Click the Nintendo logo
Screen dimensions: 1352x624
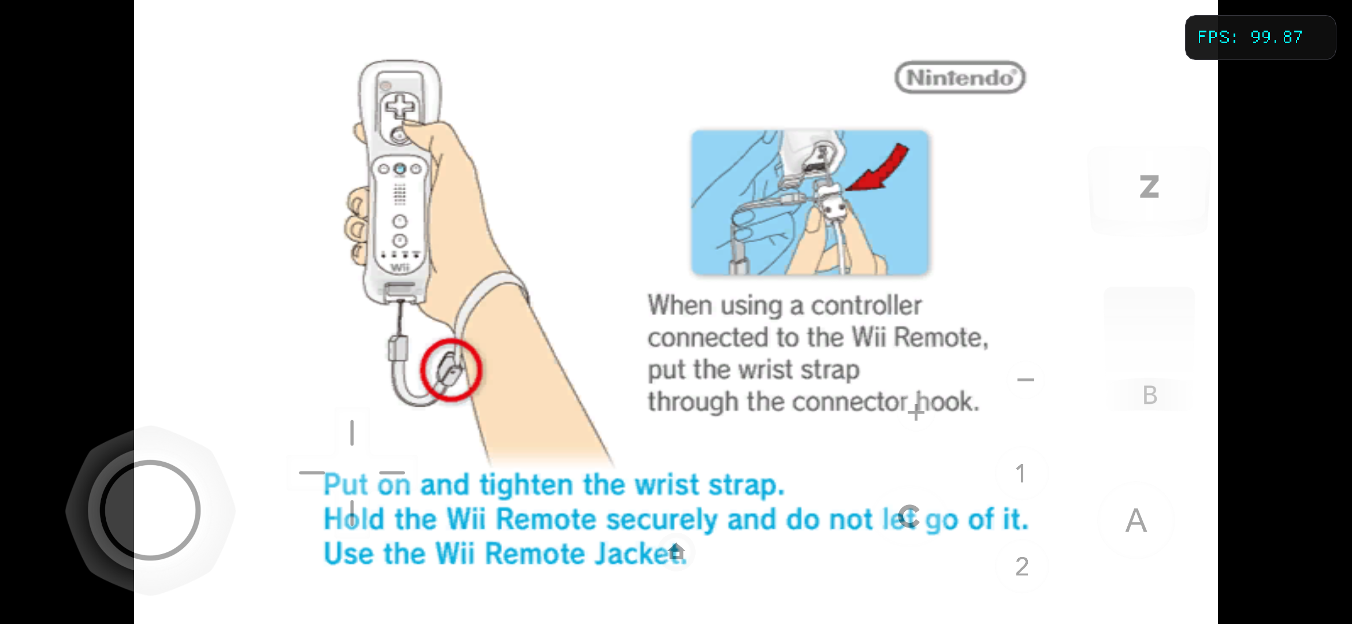pos(960,77)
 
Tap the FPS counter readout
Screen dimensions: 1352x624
pos(1250,38)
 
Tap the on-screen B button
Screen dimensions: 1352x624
pos(1150,395)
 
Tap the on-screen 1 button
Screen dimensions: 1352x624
pos(1021,474)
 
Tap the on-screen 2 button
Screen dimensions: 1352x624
pos(1022,567)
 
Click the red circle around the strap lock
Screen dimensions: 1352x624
pos(451,370)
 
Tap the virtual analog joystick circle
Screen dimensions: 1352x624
pos(150,510)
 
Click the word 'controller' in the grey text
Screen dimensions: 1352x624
pos(866,306)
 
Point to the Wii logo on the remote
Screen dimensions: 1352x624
pos(400,268)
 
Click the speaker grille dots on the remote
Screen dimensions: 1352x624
pos(399,195)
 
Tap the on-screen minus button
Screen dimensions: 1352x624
pos(1026,380)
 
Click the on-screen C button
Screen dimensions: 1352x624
pos(908,517)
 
